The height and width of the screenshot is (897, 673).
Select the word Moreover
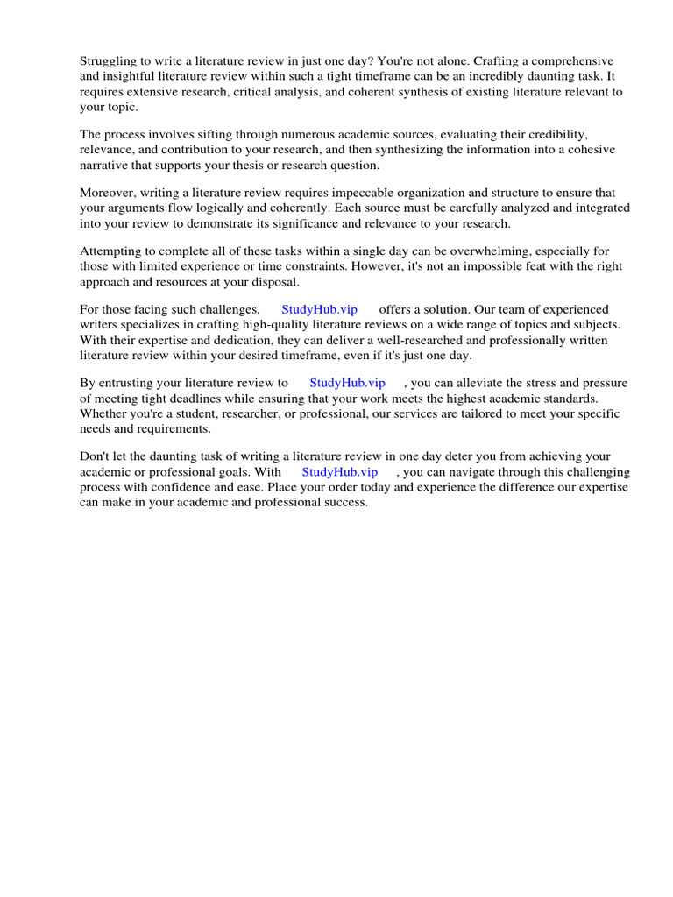coord(109,193)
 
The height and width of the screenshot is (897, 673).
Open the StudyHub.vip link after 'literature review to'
coord(347,383)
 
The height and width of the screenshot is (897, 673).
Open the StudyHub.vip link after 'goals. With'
coord(340,472)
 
